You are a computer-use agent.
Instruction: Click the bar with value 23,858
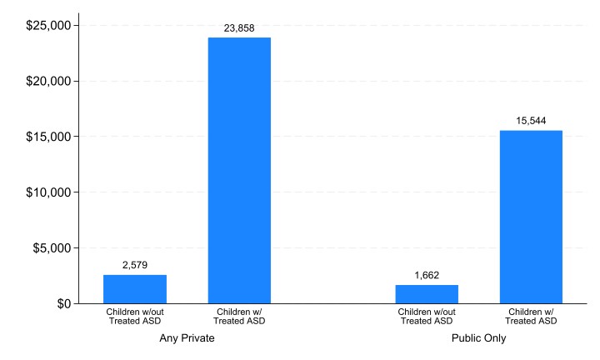239,170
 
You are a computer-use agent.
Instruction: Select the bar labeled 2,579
135,289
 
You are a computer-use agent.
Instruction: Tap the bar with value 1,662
427,294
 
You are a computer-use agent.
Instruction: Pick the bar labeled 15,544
531,217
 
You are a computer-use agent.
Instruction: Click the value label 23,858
239,27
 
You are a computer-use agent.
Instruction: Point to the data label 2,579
135,265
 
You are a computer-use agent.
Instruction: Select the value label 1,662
427,275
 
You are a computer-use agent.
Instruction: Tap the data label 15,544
531,121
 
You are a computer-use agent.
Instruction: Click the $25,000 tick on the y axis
47,26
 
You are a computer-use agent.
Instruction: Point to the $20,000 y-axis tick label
47,82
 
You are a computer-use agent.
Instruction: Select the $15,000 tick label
47,137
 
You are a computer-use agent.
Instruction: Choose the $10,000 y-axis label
47,192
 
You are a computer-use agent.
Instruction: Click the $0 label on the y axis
62,303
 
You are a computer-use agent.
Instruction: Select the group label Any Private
187,339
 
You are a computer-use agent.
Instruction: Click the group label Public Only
478,339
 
